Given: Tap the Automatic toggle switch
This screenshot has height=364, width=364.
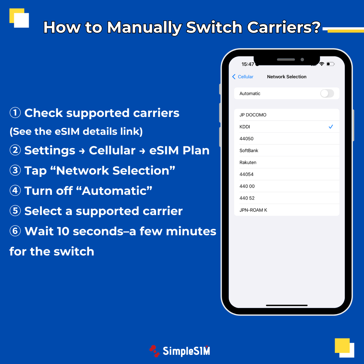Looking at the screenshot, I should point(327,93).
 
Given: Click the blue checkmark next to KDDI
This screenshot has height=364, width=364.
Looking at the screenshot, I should point(331,127).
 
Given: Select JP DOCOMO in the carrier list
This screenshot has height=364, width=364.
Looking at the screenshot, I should point(253,115).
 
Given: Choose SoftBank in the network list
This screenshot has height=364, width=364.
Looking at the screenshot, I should point(249,151).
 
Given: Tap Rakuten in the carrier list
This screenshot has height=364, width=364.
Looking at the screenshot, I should point(248,162).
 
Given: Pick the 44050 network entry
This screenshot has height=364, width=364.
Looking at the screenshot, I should point(246,139).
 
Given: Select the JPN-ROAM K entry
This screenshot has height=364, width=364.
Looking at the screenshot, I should point(253,210).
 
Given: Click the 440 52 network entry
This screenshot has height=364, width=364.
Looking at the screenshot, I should point(247,198).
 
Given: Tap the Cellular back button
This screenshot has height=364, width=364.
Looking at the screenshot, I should point(243,77).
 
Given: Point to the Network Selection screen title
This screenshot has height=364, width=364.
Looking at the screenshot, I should point(286,77).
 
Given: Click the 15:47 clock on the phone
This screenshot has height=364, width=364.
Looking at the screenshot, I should point(248,64).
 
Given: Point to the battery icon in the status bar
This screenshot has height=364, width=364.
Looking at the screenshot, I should point(330,64).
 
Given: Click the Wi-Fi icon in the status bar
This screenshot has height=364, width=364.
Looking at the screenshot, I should point(322,64).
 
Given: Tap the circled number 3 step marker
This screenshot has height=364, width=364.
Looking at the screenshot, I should point(15,171).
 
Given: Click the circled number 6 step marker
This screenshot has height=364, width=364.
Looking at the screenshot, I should point(15,231).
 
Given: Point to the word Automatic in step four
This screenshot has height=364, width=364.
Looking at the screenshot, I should point(117,191).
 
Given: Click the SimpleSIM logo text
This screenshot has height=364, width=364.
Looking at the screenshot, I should point(186,351).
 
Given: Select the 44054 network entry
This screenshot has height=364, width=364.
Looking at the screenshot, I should point(246,174).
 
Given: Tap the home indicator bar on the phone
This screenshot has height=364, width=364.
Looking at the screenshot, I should point(286,305).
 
